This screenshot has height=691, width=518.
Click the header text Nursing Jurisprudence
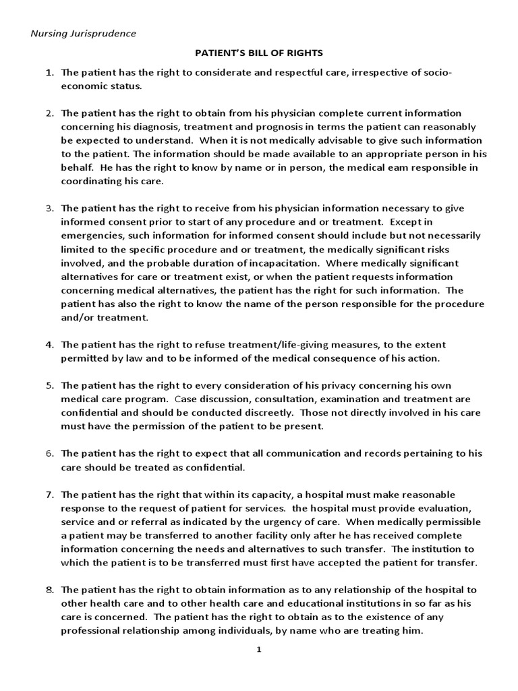[83, 33]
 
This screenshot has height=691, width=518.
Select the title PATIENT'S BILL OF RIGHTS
[258, 52]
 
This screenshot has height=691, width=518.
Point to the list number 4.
[49, 344]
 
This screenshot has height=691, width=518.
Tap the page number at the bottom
[259, 649]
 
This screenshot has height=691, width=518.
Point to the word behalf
[76, 167]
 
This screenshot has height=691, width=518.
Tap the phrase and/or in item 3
[75, 317]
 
